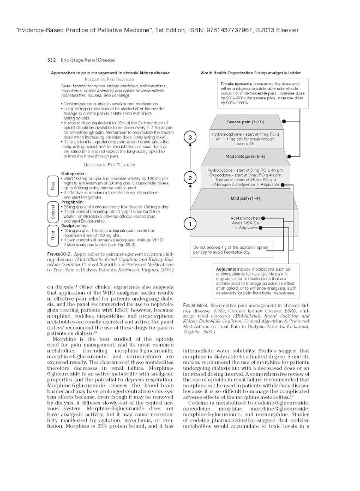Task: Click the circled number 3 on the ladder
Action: click(x=189, y=139)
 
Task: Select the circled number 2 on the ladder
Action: click(x=189, y=178)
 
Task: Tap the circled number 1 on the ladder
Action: click(x=189, y=224)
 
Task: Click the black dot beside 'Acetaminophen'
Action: click(x=263, y=217)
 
